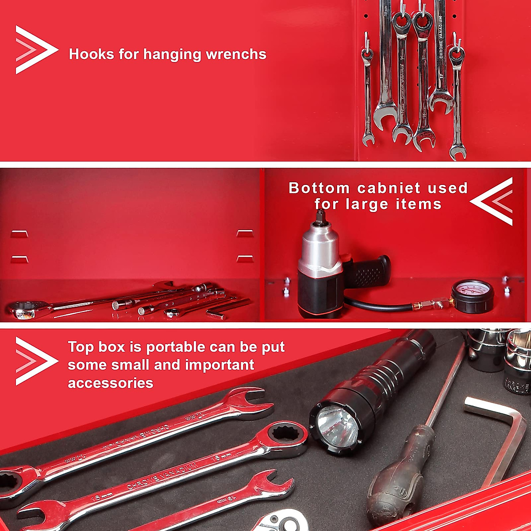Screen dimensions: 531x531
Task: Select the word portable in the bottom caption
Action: click(x=175, y=347)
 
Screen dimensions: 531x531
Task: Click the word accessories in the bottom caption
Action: click(x=111, y=383)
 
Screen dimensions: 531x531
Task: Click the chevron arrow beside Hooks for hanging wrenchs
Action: click(x=35, y=50)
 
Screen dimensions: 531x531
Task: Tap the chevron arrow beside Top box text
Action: click(x=35, y=361)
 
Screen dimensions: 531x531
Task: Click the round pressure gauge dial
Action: click(x=473, y=295)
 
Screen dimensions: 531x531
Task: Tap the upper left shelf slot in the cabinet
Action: click(x=19, y=234)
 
